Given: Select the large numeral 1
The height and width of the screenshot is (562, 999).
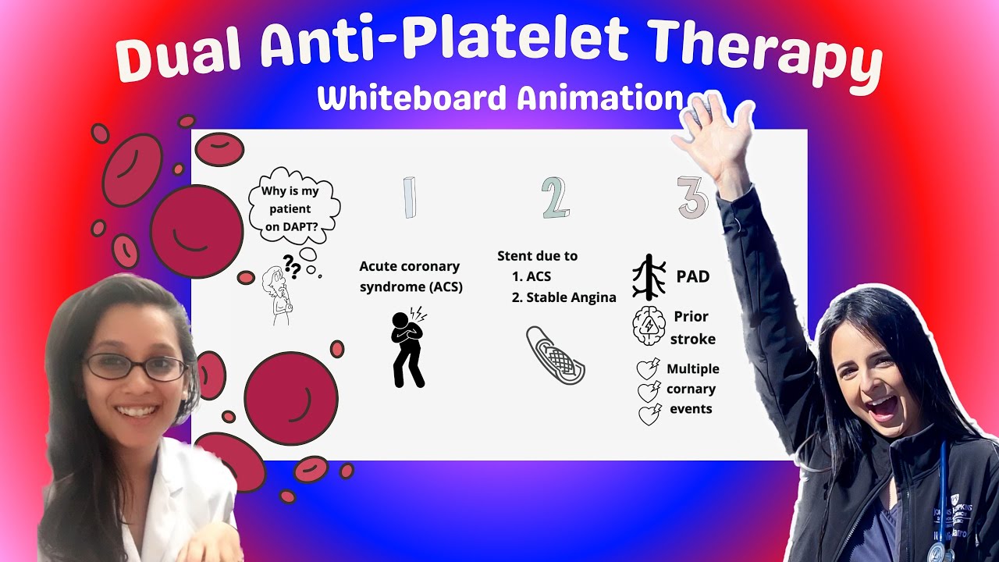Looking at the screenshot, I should click(409, 197).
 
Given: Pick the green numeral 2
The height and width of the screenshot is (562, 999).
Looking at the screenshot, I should click(555, 197).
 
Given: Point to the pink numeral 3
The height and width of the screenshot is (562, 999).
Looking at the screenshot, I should click(691, 197).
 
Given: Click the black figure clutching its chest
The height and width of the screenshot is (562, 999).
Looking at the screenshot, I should click(407, 348).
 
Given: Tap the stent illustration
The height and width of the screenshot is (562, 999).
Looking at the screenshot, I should click(555, 355).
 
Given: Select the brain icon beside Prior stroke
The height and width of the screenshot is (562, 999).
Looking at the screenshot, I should click(648, 326).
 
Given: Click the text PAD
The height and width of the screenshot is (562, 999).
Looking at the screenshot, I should click(692, 277).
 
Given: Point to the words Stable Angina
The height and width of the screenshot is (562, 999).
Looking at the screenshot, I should click(571, 297).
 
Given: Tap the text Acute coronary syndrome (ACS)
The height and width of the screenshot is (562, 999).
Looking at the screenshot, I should click(410, 277).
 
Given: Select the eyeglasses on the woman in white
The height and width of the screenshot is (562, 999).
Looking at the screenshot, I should click(135, 367).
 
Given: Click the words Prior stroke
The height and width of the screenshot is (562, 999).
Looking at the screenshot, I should click(692, 327).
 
